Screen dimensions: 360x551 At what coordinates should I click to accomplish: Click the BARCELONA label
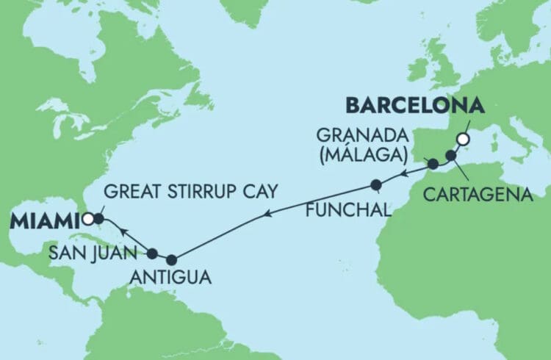pos(415,106)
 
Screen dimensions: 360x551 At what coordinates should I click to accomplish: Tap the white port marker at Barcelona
pos(463,138)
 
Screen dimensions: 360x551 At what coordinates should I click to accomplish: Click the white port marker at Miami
pos(87,218)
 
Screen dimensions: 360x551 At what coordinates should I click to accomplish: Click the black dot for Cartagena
pos(451,156)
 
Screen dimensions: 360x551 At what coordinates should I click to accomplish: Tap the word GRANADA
pos(361,134)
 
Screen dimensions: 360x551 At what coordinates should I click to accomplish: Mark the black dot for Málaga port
pos(433,165)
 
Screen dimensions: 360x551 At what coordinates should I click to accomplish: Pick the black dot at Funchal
pos(376,184)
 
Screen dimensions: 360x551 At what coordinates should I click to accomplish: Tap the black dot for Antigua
pos(172,259)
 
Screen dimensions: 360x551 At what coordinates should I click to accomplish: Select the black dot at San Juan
pos(153,254)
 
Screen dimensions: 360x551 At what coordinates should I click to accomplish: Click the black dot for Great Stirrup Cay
pos(98,218)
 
